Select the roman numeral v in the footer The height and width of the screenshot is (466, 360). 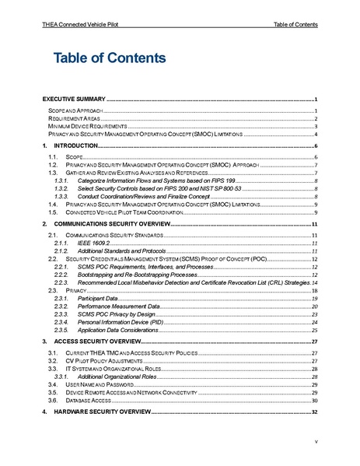coord(316,441)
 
